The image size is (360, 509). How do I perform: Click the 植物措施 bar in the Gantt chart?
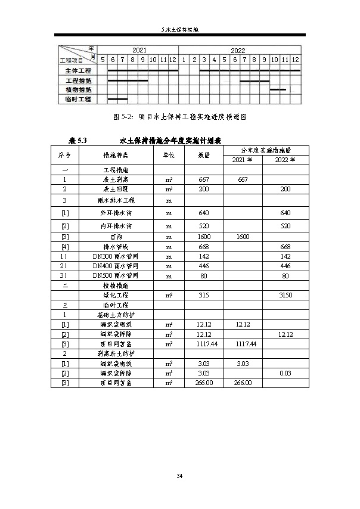click(x=278, y=89)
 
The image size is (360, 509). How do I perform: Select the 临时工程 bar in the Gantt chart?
click(x=117, y=99)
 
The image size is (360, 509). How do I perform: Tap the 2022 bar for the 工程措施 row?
click(x=255, y=80)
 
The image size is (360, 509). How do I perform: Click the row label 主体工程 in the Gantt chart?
click(x=78, y=70)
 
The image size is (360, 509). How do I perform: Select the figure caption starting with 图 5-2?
click(x=179, y=117)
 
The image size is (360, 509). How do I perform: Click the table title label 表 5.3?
click(x=78, y=141)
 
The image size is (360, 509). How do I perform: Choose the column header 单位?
click(x=169, y=154)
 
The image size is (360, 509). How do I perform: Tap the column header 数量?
click(x=203, y=154)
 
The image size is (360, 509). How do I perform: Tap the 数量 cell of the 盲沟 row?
click(x=203, y=237)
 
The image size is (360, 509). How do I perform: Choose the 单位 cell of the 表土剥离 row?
click(x=169, y=179)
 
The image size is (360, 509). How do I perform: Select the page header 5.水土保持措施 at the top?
click(x=179, y=29)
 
